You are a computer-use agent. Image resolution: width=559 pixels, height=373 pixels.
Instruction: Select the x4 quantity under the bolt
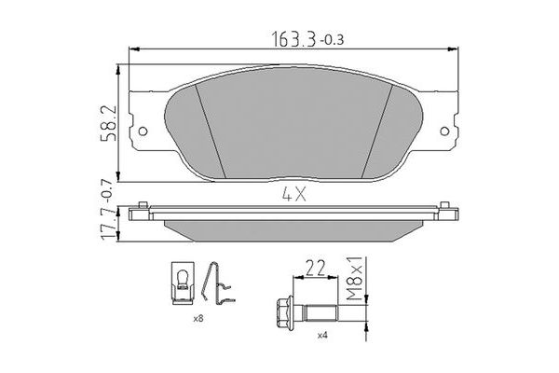click(x=321, y=335)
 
